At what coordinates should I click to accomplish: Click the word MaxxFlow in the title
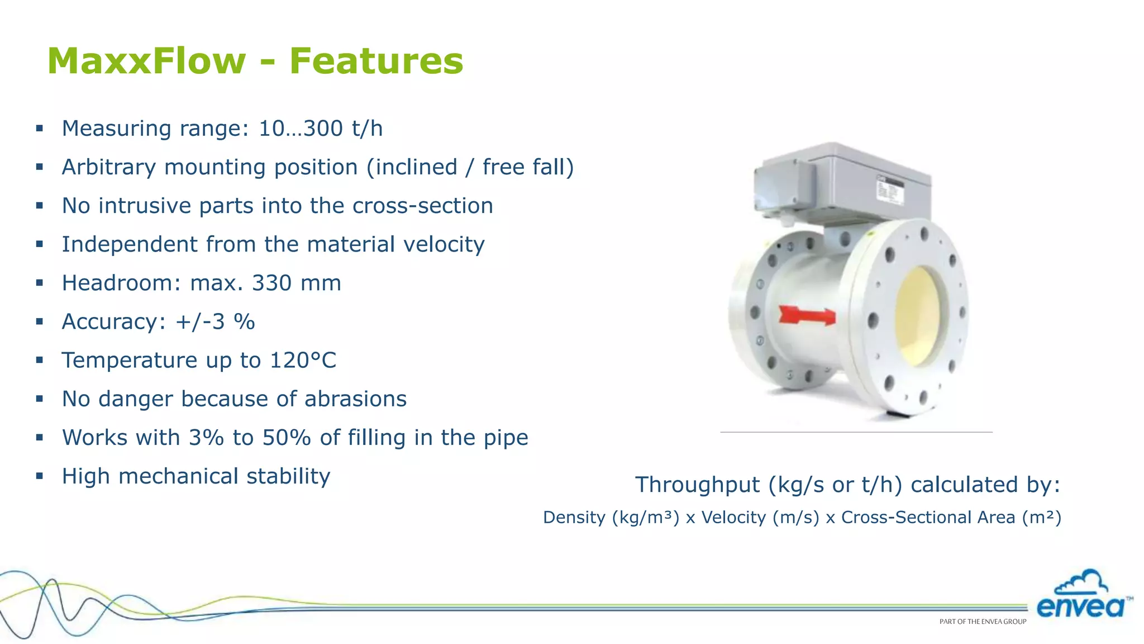(x=146, y=61)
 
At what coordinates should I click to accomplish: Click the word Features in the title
(x=376, y=61)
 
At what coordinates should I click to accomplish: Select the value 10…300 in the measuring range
(x=301, y=129)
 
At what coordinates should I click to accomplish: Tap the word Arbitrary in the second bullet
(x=108, y=167)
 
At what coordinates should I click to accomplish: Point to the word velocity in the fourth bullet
(x=444, y=244)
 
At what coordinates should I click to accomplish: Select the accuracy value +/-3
(x=200, y=322)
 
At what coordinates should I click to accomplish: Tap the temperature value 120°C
(x=303, y=361)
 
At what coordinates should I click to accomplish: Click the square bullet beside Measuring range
(x=40, y=129)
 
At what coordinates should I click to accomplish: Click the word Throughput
(x=697, y=485)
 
